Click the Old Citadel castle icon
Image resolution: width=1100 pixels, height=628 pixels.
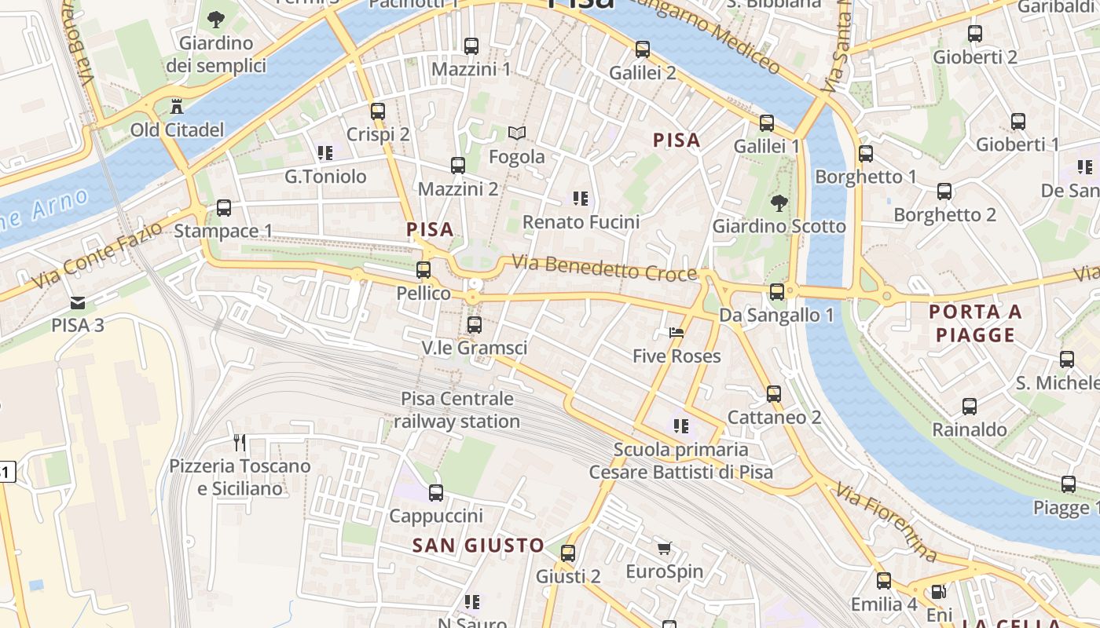click(177, 105)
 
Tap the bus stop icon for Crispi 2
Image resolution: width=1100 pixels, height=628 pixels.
click(378, 111)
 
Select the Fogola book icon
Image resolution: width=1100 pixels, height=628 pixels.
click(516, 133)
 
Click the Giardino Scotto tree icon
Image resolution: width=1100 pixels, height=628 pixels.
click(779, 203)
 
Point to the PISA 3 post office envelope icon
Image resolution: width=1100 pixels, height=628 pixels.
click(78, 302)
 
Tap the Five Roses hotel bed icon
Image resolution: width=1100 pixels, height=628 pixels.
click(676, 333)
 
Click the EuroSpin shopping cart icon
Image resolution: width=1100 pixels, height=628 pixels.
click(664, 548)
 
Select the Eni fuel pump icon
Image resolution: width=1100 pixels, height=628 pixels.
click(938, 592)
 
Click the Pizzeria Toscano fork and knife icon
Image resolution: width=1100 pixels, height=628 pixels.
click(240, 443)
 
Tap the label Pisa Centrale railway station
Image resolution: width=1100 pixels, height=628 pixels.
click(456, 410)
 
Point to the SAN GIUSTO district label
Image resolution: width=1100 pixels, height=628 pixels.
click(478, 545)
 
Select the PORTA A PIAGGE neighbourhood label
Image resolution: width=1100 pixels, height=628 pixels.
click(975, 323)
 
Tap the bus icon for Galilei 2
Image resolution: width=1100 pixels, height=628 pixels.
click(643, 49)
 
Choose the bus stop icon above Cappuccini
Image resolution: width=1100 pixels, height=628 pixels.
click(435, 493)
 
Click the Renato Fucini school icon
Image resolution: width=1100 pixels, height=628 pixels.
click(581, 199)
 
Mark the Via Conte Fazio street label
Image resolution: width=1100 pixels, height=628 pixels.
click(97, 254)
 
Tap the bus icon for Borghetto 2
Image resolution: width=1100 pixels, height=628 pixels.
click(944, 192)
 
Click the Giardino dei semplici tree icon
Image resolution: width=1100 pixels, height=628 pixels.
click(216, 20)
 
